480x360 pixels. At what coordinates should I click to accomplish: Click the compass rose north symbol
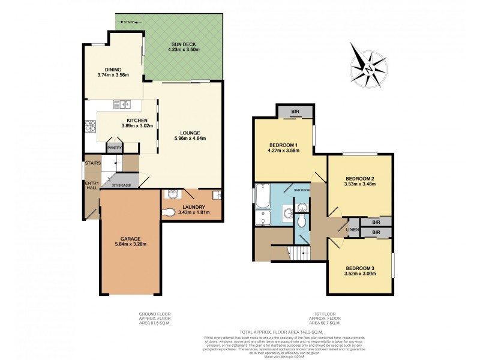click(370, 68)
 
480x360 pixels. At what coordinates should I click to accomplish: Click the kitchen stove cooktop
click(91, 126)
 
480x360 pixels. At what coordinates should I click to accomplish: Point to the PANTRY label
click(114, 147)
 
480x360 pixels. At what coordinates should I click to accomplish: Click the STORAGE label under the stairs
click(122, 185)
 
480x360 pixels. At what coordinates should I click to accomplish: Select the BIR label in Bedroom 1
click(295, 112)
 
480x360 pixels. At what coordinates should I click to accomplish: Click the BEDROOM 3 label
click(360, 268)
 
